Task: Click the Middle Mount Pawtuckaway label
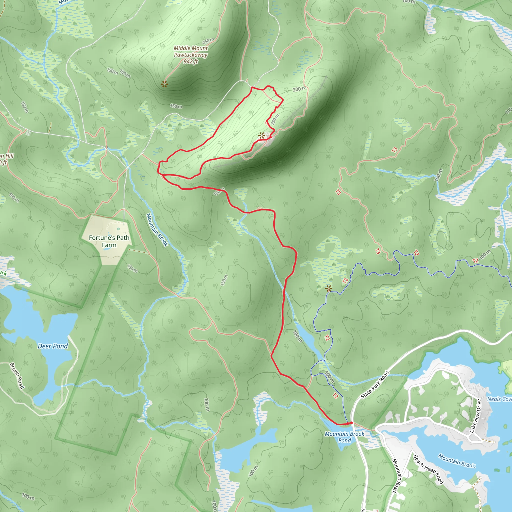191,51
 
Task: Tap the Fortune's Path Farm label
109,241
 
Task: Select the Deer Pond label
53,346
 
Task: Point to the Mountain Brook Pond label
344,437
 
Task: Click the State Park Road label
375,384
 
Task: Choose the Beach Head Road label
428,469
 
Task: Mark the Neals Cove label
499,399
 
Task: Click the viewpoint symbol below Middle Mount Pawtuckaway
164,84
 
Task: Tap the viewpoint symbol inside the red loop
262,136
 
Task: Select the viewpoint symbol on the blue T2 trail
328,288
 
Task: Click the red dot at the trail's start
351,423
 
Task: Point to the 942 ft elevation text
191,61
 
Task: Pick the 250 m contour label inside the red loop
275,119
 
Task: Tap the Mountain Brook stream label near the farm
157,230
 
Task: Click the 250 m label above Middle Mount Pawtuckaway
208,41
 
